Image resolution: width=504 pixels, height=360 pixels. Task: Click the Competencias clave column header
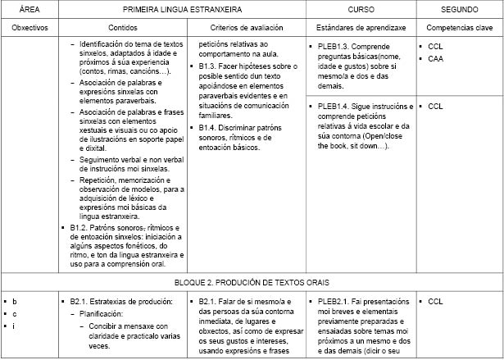click(459, 27)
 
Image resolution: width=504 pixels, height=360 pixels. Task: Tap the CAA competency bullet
click(436, 59)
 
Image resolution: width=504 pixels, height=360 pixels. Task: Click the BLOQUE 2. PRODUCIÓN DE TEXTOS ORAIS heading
click(252, 282)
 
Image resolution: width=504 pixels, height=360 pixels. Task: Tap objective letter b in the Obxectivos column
click(15, 303)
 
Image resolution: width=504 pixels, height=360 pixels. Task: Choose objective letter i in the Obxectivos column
click(15, 326)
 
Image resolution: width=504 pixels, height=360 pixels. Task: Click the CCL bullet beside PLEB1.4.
click(436, 107)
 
